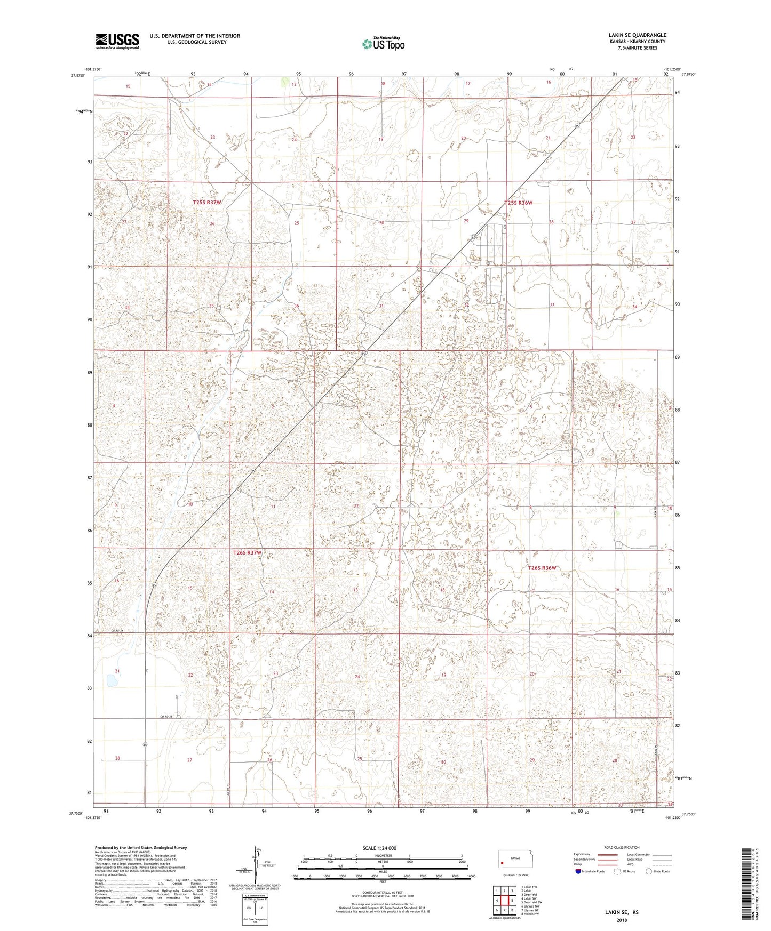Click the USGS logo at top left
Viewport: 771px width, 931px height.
coord(117,41)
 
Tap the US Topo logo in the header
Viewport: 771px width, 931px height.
coord(383,44)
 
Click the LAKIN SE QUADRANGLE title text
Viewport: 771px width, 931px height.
coord(637,35)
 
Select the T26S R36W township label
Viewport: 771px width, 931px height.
coord(542,568)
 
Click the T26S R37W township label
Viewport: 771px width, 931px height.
coord(247,553)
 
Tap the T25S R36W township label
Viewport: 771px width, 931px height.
coord(519,203)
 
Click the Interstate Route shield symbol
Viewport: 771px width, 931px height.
coord(578,871)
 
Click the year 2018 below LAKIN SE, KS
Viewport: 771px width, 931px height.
coord(621,920)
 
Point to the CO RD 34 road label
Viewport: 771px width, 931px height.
coord(103,631)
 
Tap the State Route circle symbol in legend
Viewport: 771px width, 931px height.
coord(649,871)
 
